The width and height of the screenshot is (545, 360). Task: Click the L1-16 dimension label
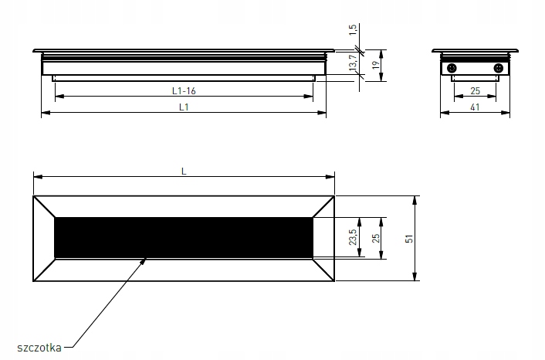pos(184,90)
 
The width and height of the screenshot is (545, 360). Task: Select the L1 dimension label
pos(184,107)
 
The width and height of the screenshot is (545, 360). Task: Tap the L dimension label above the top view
pos(184,171)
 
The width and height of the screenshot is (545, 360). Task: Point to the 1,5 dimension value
pos(352,30)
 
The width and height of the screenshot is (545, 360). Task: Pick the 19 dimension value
pos(374,67)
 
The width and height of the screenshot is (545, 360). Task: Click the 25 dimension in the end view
pos(476,90)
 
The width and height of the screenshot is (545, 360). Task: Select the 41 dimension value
pos(476,107)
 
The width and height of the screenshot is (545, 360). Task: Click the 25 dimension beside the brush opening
pos(376,238)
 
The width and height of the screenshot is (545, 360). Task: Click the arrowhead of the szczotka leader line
pos(145,259)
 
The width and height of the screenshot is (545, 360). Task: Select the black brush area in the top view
pos(184,236)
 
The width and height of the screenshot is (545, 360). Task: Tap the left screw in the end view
pos(453,69)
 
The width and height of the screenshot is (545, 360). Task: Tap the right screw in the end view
pos(498,69)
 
